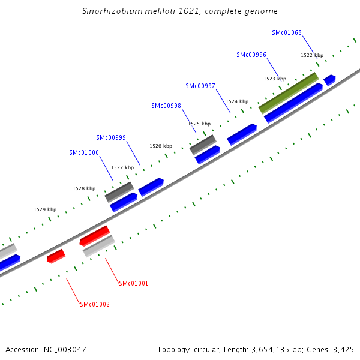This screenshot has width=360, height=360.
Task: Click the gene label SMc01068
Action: click(x=286, y=32)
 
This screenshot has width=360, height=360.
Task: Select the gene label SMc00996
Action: click(x=251, y=55)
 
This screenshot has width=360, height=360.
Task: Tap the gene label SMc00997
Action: click(x=200, y=86)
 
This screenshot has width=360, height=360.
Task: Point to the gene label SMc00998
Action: click(x=166, y=106)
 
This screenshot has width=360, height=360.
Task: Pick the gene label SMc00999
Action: click(x=111, y=137)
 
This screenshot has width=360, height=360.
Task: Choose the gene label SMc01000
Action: click(x=84, y=152)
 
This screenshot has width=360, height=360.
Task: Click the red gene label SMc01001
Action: click(x=133, y=283)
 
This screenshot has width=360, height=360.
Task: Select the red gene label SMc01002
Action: click(x=95, y=304)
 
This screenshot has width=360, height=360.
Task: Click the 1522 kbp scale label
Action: click(x=312, y=55)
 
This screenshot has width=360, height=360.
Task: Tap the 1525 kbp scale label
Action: click(x=199, y=124)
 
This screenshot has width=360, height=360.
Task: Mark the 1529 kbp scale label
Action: click(x=45, y=209)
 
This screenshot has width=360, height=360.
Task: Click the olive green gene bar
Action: click(x=288, y=92)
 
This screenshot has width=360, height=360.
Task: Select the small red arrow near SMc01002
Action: click(x=56, y=256)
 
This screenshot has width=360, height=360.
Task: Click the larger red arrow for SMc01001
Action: click(x=95, y=236)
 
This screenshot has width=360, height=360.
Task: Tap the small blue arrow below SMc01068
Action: click(x=329, y=79)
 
